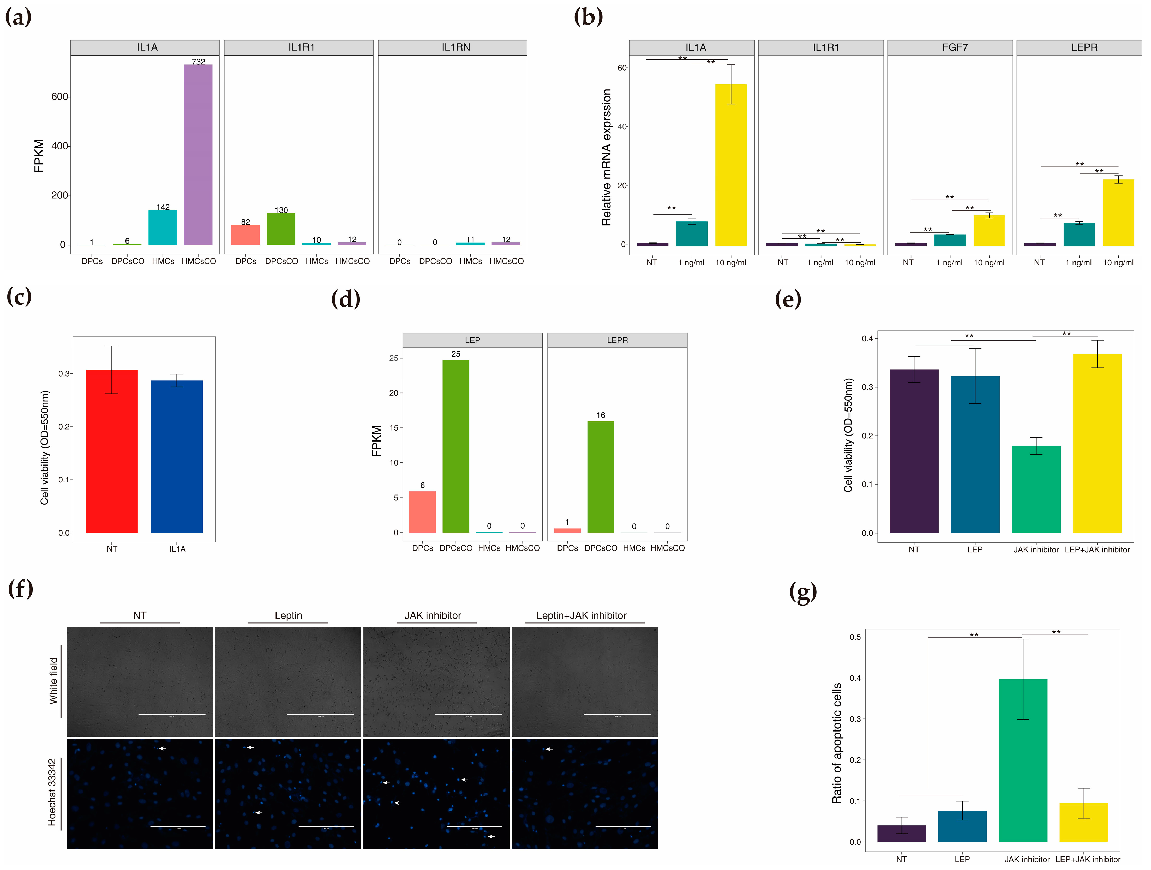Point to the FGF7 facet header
[x=955, y=47]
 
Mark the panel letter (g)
[x=803, y=592]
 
